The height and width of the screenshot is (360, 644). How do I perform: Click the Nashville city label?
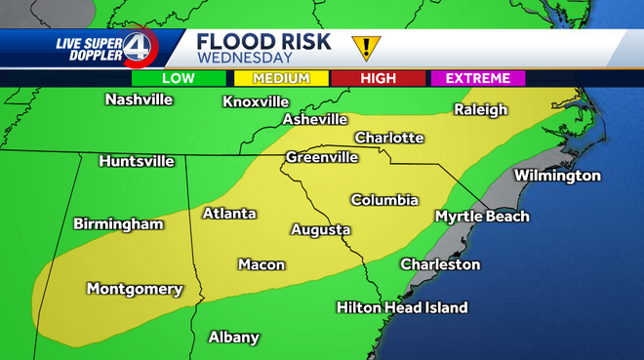pyautogui.click(x=139, y=100)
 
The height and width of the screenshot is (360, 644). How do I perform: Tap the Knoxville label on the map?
pyautogui.click(x=256, y=101)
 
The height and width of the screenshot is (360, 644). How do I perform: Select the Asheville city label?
pyautogui.click(x=315, y=119)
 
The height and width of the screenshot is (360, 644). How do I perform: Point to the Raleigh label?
pyautogui.click(x=481, y=110)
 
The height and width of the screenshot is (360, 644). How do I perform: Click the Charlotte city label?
pyautogui.click(x=388, y=138)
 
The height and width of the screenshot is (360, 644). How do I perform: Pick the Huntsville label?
pyautogui.click(x=137, y=161)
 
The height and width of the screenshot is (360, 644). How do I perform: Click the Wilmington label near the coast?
pyautogui.click(x=557, y=176)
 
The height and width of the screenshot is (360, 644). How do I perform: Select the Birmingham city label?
pyautogui.click(x=118, y=223)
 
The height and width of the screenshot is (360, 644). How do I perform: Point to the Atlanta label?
pyautogui.click(x=229, y=213)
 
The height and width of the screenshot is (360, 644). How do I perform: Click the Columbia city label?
pyautogui.click(x=384, y=200)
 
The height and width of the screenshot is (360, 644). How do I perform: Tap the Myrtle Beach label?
pyautogui.click(x=482, y=216)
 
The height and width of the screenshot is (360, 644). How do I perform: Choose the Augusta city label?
pyautogui.click(x=320, y=230)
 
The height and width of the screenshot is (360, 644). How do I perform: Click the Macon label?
pyautogui.click(x=262, y=264)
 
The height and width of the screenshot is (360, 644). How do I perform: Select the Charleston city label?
pyautogui.click(x=440, y=264)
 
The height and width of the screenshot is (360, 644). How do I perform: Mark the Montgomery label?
pyautogui.click(x=135, y=289)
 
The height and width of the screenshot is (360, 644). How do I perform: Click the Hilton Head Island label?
pyautogui.click(x=402, y=307)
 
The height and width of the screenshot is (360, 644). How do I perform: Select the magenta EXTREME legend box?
pyautogui.click(x=477, y=78)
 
